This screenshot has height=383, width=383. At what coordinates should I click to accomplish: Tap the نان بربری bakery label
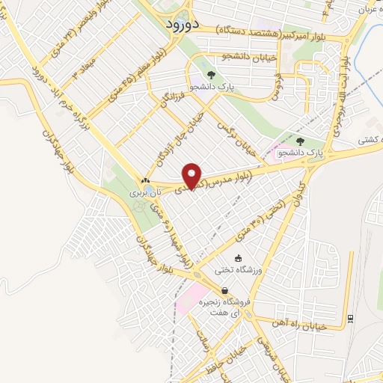point(142,193)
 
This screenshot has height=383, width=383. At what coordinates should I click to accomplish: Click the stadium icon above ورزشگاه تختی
point(239,258)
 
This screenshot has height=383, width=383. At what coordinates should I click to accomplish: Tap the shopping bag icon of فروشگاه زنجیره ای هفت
point(224,292)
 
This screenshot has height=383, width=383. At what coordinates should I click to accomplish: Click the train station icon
point(349,318)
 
